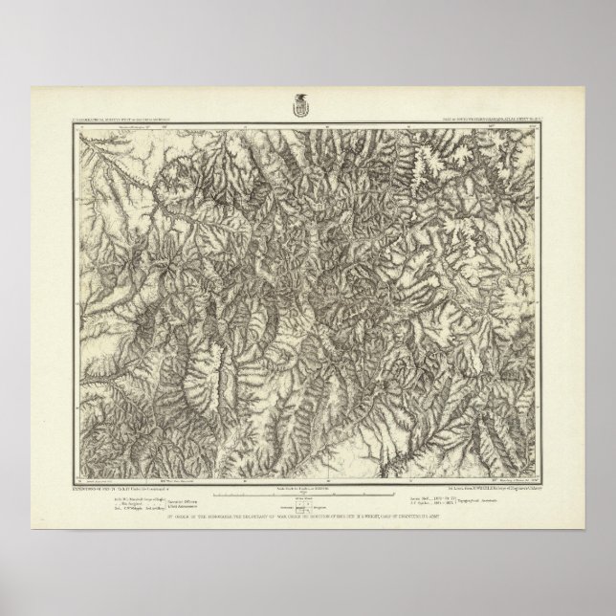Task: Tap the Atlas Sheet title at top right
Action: tap(488, 121)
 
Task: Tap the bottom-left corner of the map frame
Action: tap(72, 468)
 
